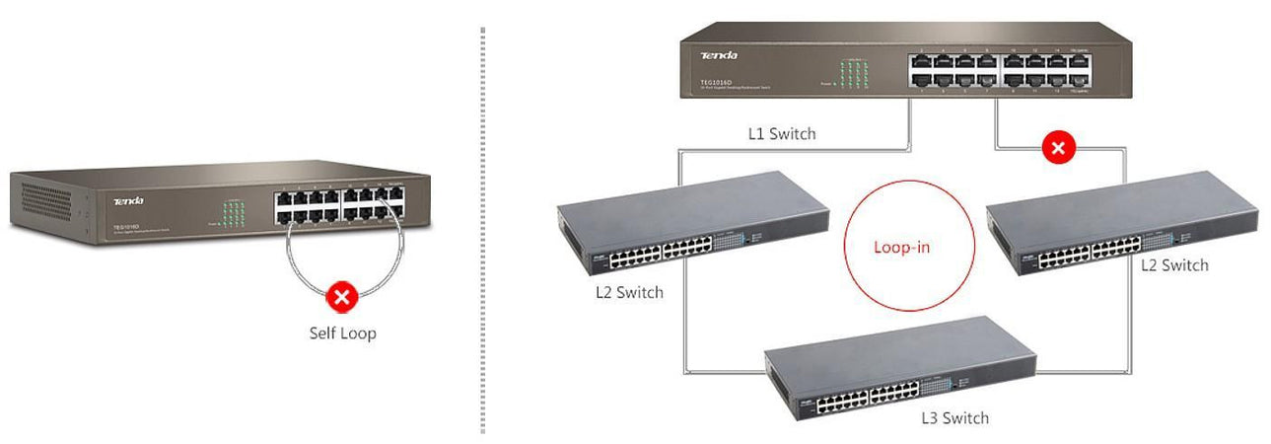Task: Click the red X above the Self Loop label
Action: coord(341,296)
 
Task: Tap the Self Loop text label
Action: coord(342,333)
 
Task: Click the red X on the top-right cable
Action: coord(1059,149)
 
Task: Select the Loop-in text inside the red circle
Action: coord(901,247)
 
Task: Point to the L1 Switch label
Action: coord(781,133)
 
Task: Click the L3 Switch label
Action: coord(954,418)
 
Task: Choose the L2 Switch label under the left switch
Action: coord(629,292)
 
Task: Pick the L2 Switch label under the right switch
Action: coord(1173,264)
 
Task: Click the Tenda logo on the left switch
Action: coord(128,201)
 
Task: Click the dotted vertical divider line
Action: coord(483,227)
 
